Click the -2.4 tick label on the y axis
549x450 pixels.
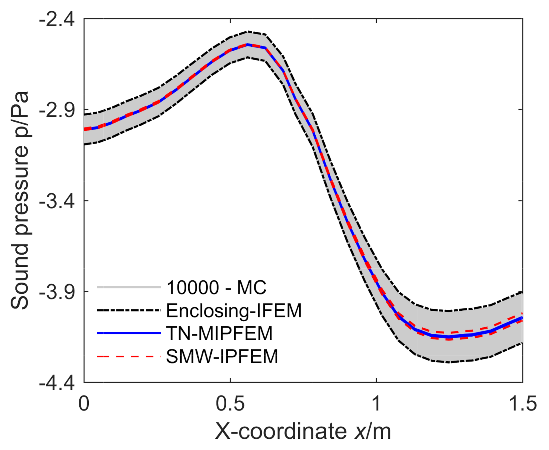57,20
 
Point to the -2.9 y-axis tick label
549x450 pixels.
57,110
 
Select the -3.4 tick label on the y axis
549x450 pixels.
57,201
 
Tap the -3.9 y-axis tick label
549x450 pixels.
57,292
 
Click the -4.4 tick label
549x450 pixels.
57,382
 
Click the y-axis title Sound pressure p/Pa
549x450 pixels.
20,200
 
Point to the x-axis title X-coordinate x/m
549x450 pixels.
303,431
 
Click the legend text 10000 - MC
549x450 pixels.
216,287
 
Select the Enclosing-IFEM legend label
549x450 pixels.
234,310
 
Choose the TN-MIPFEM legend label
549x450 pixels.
219,333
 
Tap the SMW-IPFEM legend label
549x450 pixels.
222,356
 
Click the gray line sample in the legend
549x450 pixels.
129,287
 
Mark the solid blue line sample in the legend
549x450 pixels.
129,333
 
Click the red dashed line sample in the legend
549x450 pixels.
129,356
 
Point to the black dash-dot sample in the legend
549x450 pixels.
129,310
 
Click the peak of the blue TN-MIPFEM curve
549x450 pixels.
247,45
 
